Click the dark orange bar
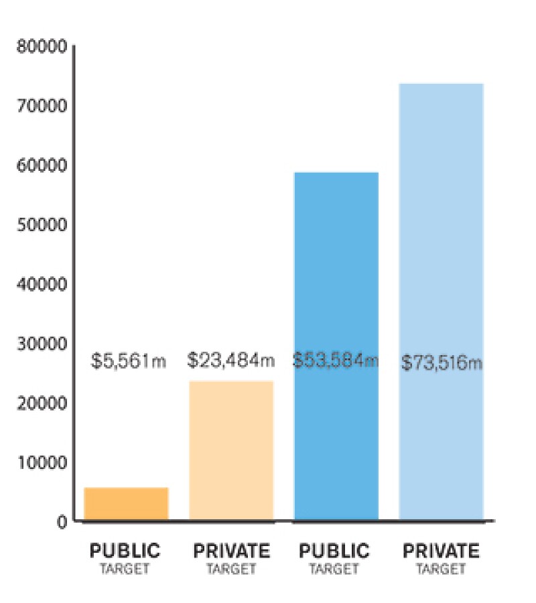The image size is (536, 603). (x=126, y=503)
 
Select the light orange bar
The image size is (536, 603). (x=231, y=450)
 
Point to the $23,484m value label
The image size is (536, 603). (x=230, y=360)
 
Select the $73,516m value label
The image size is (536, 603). (x=442, y=363)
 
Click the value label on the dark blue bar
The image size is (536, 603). (x=336, y=360)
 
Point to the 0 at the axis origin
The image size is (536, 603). (x=62, y=521)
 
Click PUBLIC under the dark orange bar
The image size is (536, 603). (x=125, y=551)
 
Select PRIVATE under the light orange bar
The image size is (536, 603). (x=231, y=551)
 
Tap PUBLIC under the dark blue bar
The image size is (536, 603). (x=334, y=551)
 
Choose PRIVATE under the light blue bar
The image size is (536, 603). (x=441, y=551)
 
